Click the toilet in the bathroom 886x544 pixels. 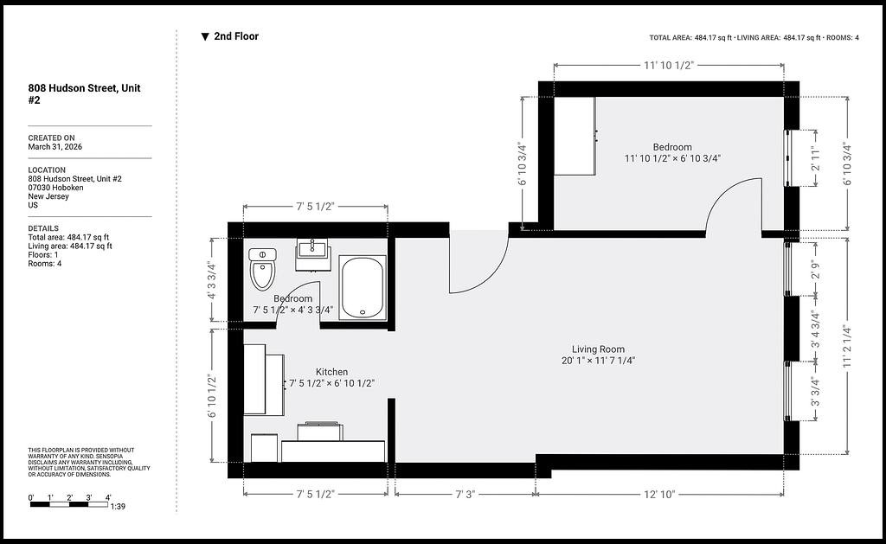click(x=262, y=269)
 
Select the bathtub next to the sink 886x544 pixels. click(x=363, y=287)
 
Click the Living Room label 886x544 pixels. click(x=598, y=349)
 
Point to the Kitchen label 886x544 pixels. click(x=331, y=372)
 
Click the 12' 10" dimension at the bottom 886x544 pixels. click(x=659, y=495)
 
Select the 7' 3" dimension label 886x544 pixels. click(x=465, y=495)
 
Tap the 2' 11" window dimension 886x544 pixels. click(x=815, y=158)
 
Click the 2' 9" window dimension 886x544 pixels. click(x=815, y=269)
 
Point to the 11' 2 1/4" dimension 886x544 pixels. click(x=847, y=346)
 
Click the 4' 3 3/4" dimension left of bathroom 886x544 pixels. click(x=211, y=279)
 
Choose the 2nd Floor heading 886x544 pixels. click(x=236, y=36)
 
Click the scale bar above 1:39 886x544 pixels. click(x=69, y=504)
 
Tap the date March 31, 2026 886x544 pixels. click(x=55, y=147)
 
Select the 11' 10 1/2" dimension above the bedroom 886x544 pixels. click(x=669, y=66)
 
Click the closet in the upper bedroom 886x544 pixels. click(x=575, y=136)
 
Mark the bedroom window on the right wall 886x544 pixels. click(x=787, y=158)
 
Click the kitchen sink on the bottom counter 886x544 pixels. click(x=320, y=431)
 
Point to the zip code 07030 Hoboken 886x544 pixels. click(x=56, y=188)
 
